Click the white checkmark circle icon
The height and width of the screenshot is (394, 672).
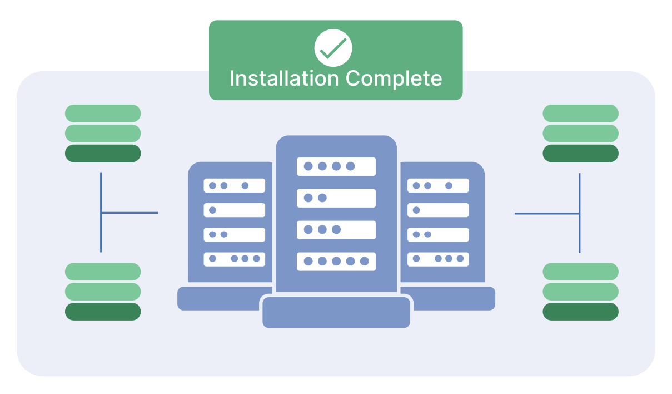[333, 48]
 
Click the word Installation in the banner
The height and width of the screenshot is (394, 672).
[284, 78]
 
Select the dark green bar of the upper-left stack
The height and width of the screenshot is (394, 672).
[103, 153]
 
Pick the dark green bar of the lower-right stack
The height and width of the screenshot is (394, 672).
[580, 312]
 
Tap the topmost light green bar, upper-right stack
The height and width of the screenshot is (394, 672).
[580, 113]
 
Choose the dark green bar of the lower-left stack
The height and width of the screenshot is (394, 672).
[103, 312]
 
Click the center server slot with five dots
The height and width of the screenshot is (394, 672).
[336, 261]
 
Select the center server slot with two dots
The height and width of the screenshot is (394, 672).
[336, 198]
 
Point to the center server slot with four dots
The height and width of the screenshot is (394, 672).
[336, 166]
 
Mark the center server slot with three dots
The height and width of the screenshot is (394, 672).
[336, 229]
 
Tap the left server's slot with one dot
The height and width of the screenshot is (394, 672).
[234, 210]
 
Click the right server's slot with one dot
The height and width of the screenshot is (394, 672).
[438, 210]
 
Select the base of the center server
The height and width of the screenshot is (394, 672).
[336, 312]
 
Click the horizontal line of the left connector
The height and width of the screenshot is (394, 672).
[130, 213]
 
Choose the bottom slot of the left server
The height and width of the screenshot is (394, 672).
[234, 259]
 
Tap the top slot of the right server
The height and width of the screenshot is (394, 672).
[438, 185]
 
